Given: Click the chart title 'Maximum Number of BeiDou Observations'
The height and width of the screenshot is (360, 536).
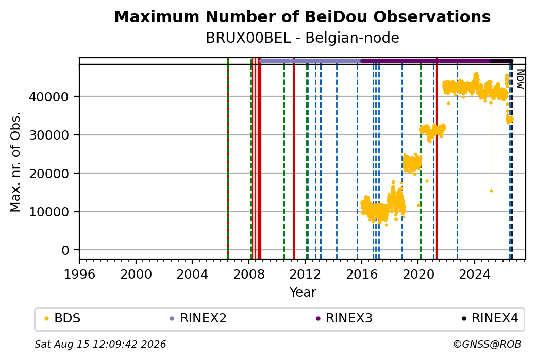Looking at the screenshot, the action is click(x=302, y=16).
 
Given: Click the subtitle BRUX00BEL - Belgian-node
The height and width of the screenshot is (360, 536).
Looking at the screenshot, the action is click(x=302, y=38).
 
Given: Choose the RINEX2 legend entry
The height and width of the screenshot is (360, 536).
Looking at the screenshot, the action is click(x=198, y=318).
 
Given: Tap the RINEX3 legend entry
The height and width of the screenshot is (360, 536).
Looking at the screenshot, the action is click(x=344, y=318).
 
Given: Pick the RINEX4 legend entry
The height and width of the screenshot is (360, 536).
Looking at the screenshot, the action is click(x=490, y=318).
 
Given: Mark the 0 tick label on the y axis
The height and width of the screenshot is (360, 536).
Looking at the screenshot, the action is click(x=65, y=251).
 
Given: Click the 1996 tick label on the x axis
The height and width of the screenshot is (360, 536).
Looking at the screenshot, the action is click(x=79, y=274).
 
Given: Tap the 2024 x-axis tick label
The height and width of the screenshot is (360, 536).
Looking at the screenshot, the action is click(x=475, y=274).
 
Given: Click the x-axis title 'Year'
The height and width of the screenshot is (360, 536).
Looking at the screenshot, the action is click(x=303, y=293).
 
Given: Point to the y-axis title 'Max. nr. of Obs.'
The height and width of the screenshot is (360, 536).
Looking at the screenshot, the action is click(x=15, y=162).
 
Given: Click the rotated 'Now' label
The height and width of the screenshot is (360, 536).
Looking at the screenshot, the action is click(x=520, y=79).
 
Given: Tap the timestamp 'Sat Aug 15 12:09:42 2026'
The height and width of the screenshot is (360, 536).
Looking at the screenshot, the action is click(x=100, y=344).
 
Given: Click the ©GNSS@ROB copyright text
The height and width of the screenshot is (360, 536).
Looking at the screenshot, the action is click(x=487, y=344).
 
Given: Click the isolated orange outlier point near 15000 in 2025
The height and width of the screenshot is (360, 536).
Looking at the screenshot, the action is click(x=491, y=191).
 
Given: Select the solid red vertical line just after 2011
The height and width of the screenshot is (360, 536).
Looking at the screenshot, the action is click(x=294, y=158).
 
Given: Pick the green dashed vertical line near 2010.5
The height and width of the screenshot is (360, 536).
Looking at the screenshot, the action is click(x=284, y=161).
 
